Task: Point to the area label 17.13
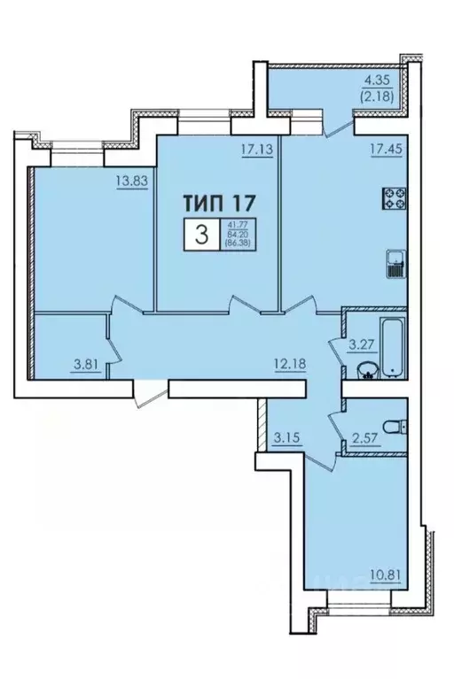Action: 254,150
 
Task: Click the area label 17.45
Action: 383,150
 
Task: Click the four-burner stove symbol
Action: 394,200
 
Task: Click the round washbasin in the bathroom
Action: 365,369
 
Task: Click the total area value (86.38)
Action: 237,243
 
